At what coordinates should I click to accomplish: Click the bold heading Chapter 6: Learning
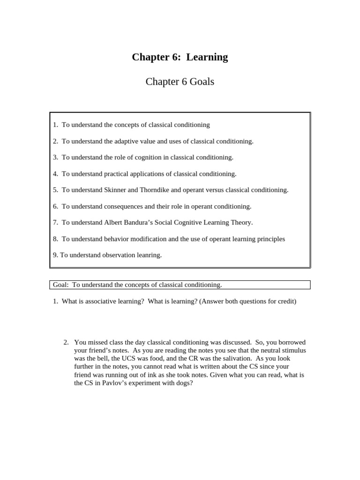click(x=180, y=57)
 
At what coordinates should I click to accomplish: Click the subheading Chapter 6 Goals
click(x=180, y=82)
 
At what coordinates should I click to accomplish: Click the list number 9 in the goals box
click(x=55, y=255)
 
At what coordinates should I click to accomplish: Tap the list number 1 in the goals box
click(x=55, y=125)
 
